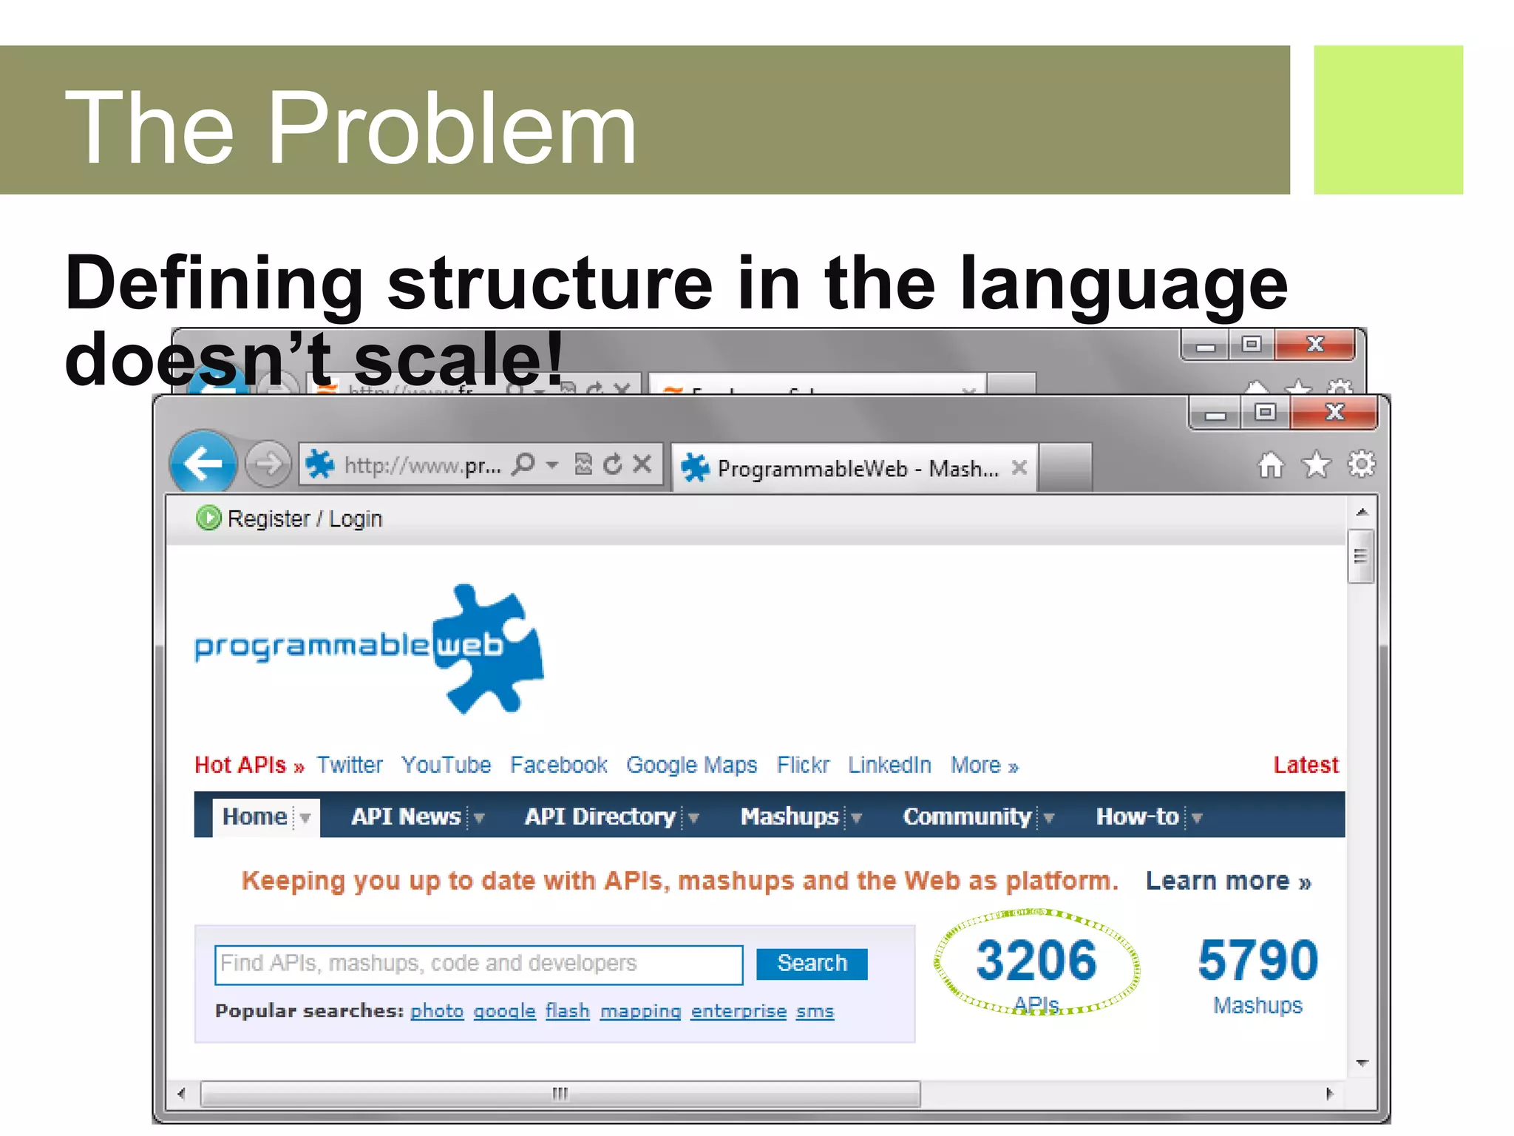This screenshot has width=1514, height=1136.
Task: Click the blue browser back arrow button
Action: pos(203,464)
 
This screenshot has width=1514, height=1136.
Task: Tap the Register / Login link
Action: pos(304,518)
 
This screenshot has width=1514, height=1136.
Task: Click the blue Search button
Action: pos(811,963)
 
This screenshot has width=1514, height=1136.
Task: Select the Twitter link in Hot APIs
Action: pos(350,765)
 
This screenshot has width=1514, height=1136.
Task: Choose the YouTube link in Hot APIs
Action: pos(446,765)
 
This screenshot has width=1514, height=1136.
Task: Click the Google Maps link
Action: pos(691,765)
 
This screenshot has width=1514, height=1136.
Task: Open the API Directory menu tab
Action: pos(600,816)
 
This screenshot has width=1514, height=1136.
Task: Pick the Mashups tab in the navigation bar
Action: pos(790,816)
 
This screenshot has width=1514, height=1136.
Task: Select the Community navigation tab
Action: pos(967,816)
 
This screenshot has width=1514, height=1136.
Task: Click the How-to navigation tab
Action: pos(1137,816)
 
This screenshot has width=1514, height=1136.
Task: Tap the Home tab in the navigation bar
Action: pos(255,816)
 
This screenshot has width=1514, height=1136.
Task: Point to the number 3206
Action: pos(1036,960)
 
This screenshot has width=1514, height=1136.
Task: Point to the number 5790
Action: pos(1257,960)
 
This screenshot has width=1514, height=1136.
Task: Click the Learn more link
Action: pos(1228,881)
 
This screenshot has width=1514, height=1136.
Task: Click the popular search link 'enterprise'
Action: pos(739,1010)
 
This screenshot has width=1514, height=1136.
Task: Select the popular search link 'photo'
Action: pos(437,1010)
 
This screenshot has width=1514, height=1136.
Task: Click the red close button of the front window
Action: pos(1334,413)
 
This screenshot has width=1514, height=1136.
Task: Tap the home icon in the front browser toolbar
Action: pos(1271,465)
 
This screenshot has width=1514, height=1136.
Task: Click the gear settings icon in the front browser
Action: pos(1361,464)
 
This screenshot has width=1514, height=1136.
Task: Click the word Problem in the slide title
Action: pos(451,127)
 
